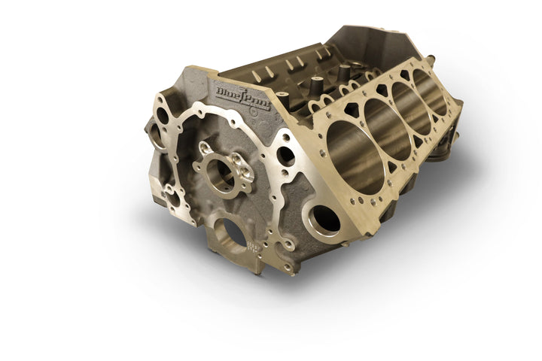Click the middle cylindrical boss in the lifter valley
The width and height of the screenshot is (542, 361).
pyautogui.click(x=316, y=83)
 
